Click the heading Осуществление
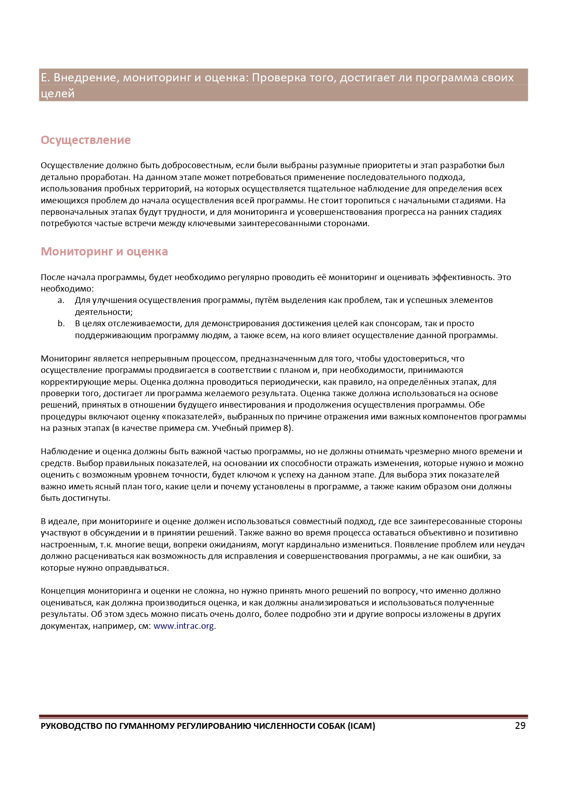85,140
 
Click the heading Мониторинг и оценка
104,252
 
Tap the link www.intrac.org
184,626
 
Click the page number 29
520,726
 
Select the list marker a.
61,300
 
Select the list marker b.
61,324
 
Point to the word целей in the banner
58,94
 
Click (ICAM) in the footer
361,726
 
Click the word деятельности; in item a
104,312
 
